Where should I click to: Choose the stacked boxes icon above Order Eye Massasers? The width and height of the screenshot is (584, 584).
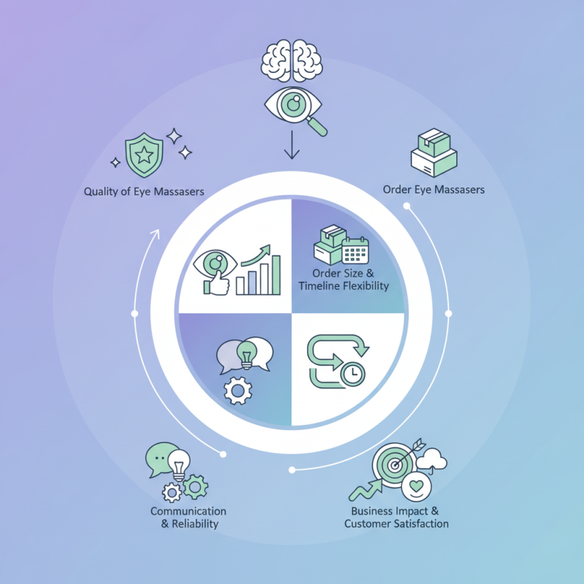click(434, 153)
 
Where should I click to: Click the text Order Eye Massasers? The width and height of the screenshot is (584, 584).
click(434, 190)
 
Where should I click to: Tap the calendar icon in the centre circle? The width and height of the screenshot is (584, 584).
click(356, 250)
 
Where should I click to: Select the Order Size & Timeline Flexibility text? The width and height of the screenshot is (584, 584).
click(343, 280)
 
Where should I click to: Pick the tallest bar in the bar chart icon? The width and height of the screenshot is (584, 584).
click(274, 274)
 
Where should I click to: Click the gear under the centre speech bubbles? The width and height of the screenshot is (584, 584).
click(236, 391)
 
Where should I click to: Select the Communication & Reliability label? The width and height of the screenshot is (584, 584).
click(188, 518)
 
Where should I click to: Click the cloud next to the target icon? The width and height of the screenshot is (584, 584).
click(434, 459)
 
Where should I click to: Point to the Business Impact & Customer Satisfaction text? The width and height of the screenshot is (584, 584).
click(396, 518)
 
